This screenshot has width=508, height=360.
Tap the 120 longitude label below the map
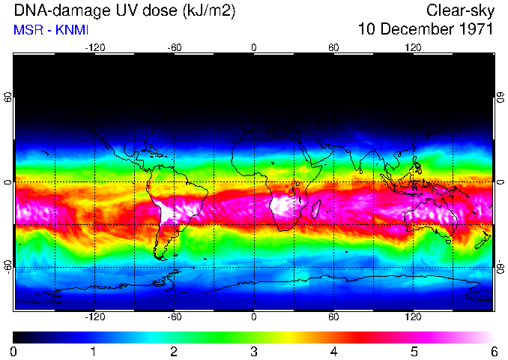[413, 317]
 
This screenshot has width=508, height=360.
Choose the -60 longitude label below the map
[174, 317]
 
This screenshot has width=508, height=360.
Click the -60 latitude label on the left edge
[7, 265]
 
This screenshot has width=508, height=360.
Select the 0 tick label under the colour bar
[14, 351]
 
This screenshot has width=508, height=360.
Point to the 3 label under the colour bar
[253, 351]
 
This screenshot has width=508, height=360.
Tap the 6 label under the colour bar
[493, 351]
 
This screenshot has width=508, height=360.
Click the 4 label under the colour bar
[333, 351]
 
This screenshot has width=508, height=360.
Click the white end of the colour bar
[489, 337]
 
